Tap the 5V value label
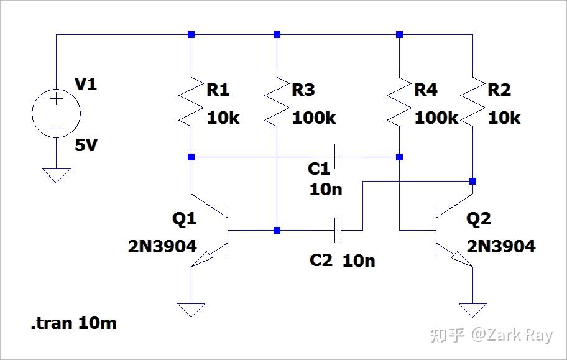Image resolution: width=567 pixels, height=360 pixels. (86, 146)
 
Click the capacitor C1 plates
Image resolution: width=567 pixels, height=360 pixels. (339, 157)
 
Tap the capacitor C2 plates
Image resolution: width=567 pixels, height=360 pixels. (339, 231)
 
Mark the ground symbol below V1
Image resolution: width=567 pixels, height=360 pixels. (56, 175)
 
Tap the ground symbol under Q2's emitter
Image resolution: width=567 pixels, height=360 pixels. (473, 310)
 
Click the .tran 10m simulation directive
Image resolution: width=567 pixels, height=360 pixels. (73, 323)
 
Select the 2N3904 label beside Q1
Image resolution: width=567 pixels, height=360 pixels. (162, 246)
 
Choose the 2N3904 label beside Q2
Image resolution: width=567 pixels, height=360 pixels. (501, 246)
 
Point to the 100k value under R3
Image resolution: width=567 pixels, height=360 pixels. (314, 118)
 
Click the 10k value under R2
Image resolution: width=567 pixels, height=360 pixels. (504, 118)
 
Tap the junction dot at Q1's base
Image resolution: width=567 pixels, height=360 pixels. (277, 231)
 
